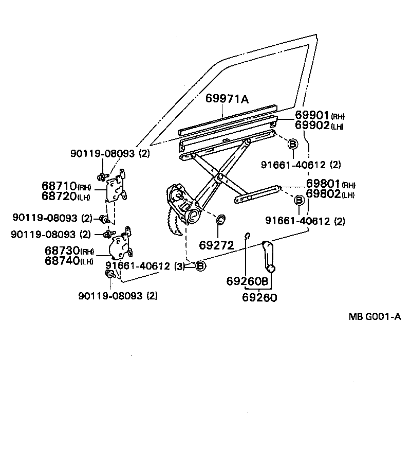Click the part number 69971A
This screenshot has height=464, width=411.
(x=227, y=99)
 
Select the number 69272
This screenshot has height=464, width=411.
(x=216, y=246)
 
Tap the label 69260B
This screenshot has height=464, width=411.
(x=248, y=281)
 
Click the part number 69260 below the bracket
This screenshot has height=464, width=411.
(x=259, y=297)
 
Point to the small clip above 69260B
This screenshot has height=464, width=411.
(x=247, y=236)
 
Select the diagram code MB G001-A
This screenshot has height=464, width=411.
(x=375, y=317)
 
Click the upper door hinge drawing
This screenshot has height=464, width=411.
(x=118, y=188)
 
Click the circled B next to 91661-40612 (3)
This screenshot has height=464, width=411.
(x=200, y=266)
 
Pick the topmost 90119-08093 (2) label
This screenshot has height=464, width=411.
(x=110, y=153)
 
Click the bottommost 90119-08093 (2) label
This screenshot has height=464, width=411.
(x=118, y=296)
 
